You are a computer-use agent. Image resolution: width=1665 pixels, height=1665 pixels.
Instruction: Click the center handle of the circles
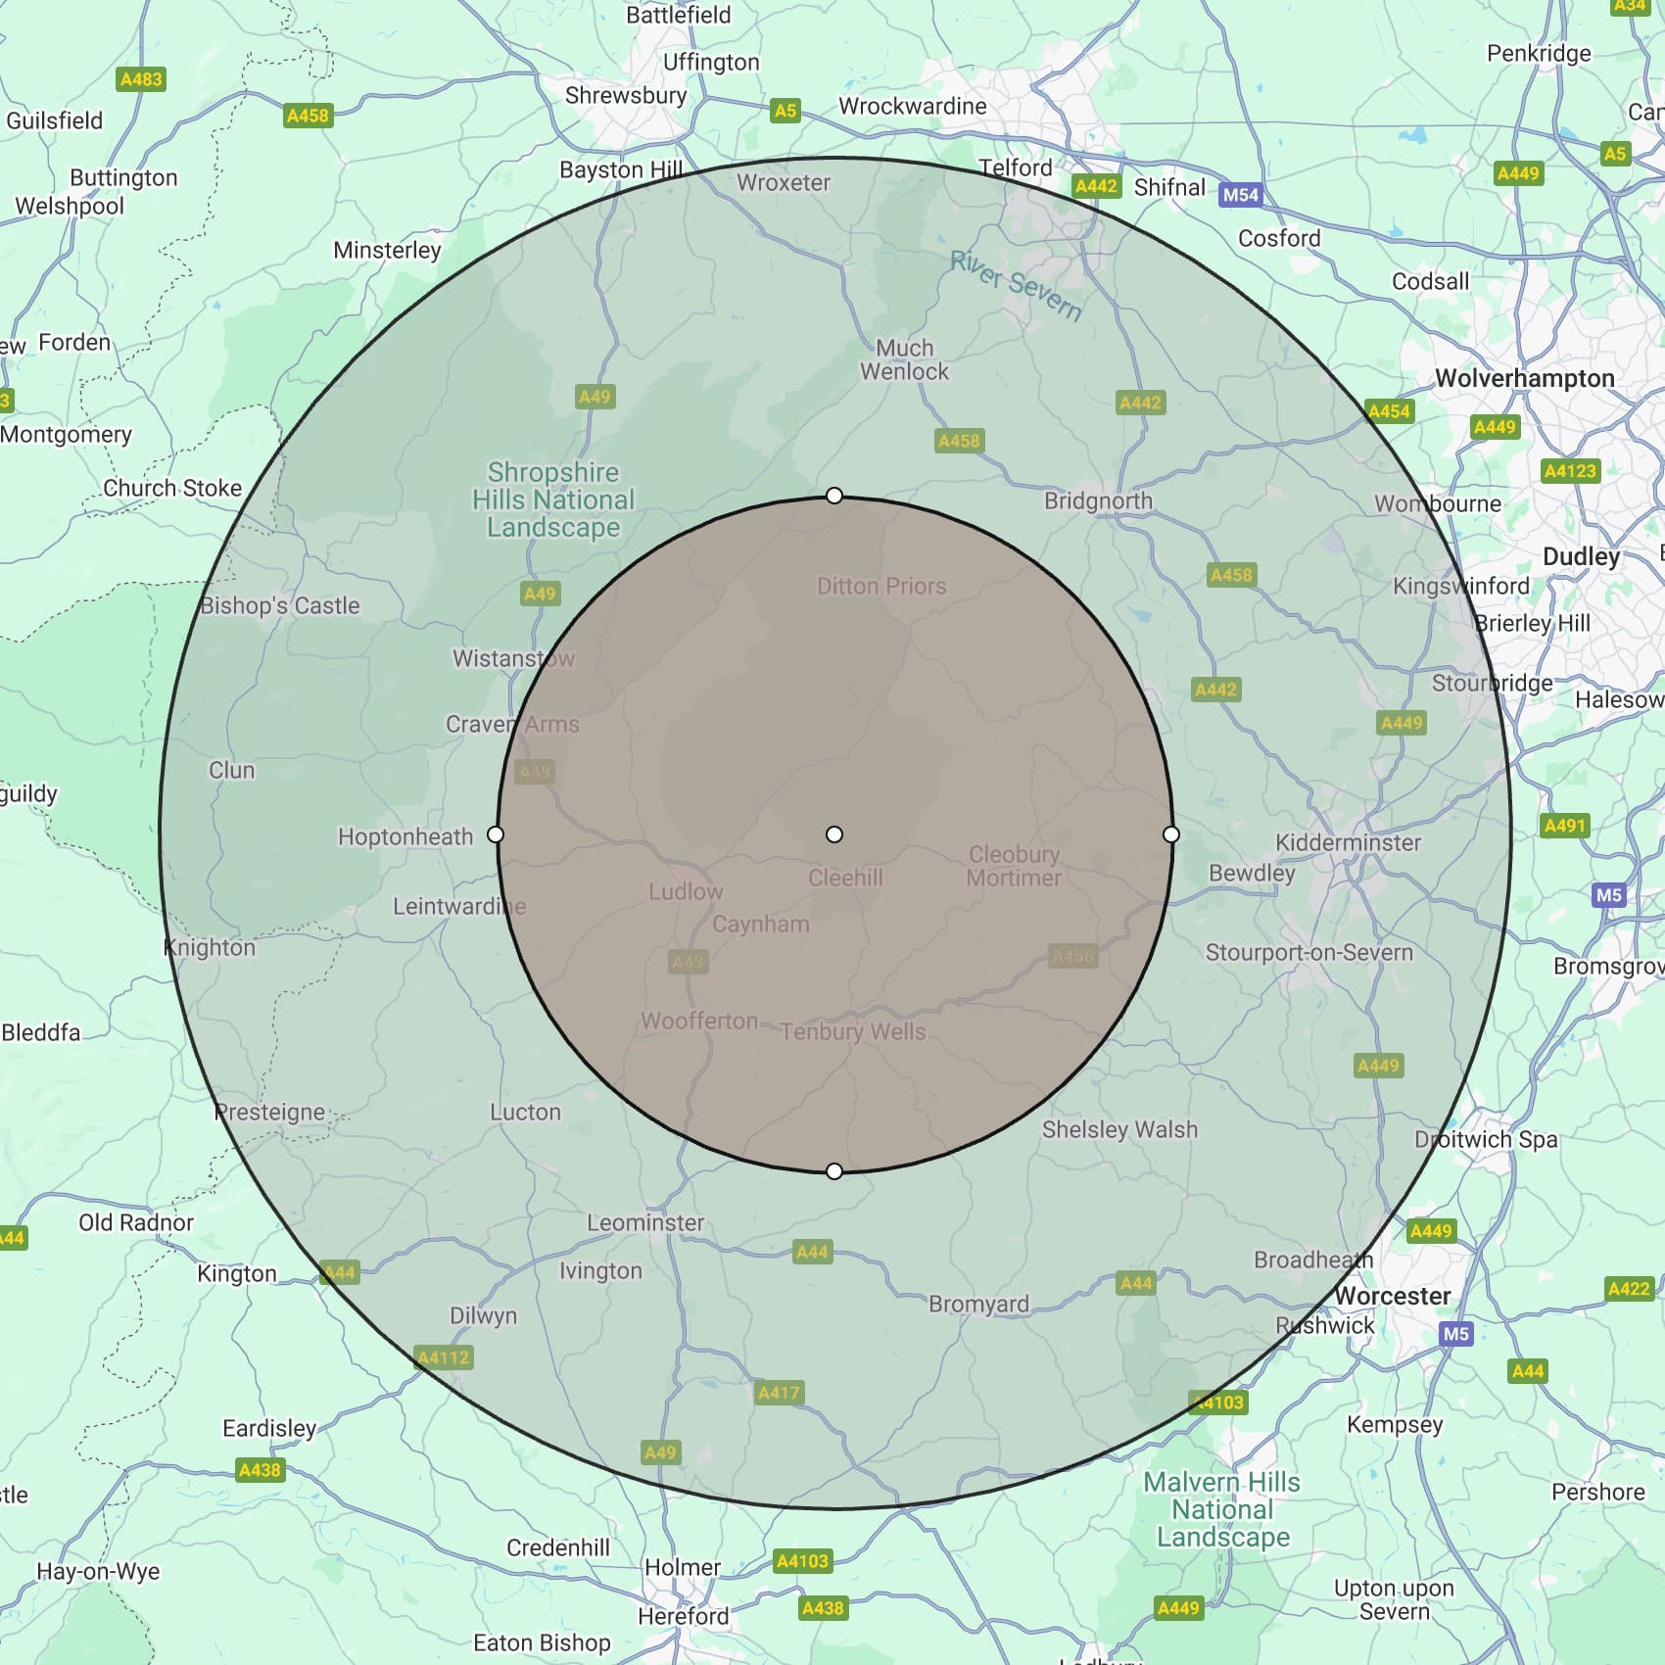pos(834,834)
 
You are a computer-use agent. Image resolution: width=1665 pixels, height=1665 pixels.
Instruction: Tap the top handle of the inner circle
pos(834,496)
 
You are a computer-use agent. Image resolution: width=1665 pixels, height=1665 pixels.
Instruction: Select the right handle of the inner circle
pos(1171,834)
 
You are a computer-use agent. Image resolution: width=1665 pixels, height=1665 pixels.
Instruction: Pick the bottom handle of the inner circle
pos(834,1171)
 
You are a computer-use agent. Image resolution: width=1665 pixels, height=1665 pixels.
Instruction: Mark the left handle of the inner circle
pos(496,834)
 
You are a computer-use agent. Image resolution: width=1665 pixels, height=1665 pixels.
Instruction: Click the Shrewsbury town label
pos(626,96)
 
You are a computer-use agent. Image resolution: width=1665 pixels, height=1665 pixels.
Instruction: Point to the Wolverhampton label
pos(1524,379)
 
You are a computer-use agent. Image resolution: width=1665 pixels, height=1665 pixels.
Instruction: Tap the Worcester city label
pos(1392,1296)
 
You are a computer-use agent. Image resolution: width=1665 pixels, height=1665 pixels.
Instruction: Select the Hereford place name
pos(684,1616)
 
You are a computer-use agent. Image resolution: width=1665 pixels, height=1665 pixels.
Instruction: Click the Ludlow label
pos(686,892)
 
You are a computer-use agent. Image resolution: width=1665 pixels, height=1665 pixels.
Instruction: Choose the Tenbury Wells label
pos(853,1031)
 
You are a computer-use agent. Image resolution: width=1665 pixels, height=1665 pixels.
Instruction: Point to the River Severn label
pos(1016,285)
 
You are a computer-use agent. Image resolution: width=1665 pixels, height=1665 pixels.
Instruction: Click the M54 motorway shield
pos(1240,194)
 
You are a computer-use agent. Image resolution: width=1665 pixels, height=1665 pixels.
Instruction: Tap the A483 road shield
pos(141,79)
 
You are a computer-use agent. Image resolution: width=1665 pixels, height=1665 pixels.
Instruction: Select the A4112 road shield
pos(444,1357)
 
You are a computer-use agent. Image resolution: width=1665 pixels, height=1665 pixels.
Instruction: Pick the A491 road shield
pos(1564,826)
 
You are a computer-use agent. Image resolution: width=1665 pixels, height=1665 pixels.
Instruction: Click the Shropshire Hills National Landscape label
pos(553,500)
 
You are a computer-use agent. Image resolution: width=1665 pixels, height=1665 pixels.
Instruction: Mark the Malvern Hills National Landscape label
pos(1222,1509)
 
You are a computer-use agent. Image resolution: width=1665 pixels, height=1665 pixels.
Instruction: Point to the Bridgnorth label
pos(1098,501)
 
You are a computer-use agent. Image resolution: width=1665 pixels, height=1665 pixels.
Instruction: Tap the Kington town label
pos(237,1273)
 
